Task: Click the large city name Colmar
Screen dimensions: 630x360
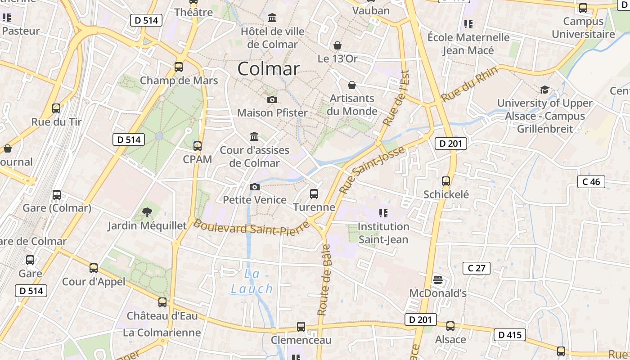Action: click(268, 69)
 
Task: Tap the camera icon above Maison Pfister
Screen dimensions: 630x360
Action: click(272, 99)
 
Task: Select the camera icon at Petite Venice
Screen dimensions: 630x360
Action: click(254, 187)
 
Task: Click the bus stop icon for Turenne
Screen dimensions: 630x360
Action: click(314, 194)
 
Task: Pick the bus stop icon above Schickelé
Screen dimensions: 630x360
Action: click(446, 181)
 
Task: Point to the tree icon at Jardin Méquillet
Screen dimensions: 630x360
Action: click(146, 212)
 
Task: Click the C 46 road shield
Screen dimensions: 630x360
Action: click(591, 182)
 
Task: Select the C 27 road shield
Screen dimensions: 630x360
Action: click(476, 268)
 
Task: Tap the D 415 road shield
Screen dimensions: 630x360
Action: click(510, 335)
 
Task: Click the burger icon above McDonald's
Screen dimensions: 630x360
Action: click(437, 280)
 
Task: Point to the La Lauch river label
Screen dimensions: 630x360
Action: click(252, 281)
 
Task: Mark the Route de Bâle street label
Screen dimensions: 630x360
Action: click(324, 279)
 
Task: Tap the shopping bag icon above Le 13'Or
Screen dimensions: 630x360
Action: click(337, 45)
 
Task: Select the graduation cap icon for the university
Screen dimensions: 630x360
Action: click(544, 90)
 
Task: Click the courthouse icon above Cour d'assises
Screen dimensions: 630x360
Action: click(254, 136)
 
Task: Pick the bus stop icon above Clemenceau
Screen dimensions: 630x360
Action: click(301, 327)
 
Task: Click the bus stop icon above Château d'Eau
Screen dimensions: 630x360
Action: click(162, 302)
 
